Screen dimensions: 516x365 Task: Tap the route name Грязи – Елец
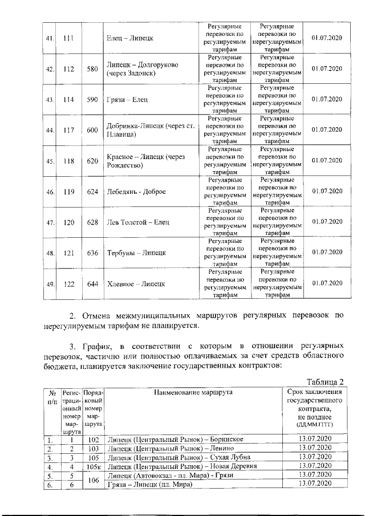click(x=127, y=100)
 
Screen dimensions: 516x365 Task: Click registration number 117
click(x=69, y=130)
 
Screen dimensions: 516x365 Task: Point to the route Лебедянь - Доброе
click(x=136, y=192)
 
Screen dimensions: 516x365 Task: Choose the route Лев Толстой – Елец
click(x=138, y=222)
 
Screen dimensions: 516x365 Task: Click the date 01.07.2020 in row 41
click(x=327, y=38)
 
